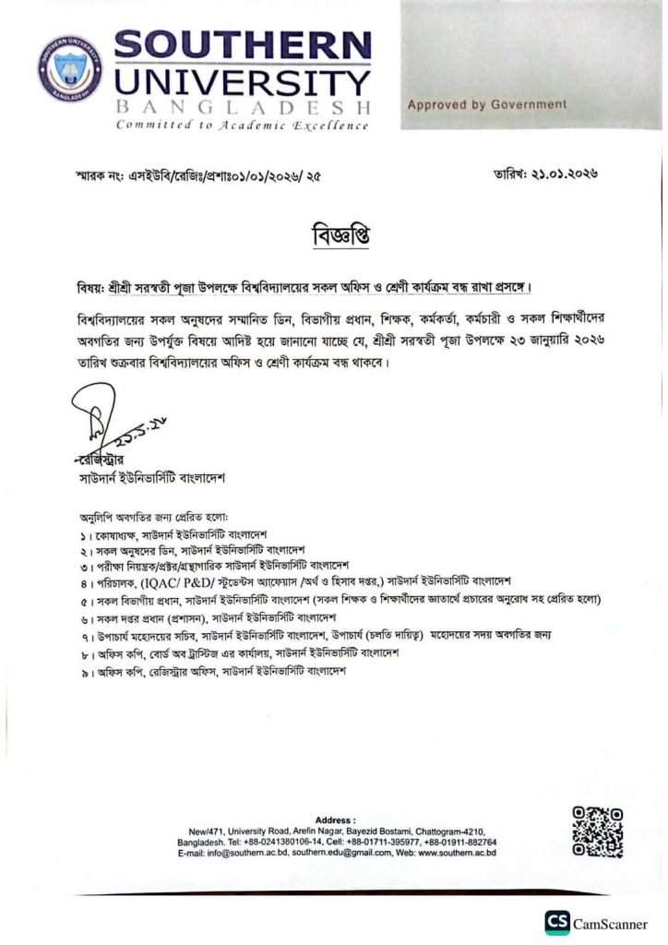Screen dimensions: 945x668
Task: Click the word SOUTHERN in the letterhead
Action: (x=243, y=46)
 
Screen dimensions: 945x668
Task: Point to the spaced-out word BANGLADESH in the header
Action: (x=243, y=107)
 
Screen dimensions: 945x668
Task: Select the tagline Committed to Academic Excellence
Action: (x=242, y=126)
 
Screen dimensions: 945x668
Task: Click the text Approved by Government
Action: (x=487, y=105)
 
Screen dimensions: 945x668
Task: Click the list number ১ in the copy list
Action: (x=83, y=535)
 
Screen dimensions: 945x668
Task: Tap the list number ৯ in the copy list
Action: (x=83, y=672)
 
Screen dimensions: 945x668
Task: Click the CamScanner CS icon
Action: (x=556, y=922)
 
